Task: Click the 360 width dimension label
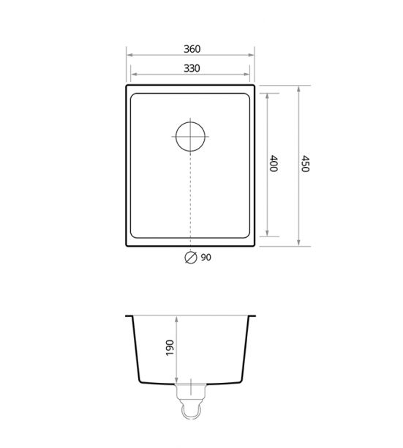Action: tap(192, 49)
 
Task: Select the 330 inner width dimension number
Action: tap(192, 69)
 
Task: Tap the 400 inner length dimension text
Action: tap(274, 163)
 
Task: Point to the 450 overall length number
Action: tap(305, 164)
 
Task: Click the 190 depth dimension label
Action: tap(170, 348)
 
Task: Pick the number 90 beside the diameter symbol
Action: tap(206, 258)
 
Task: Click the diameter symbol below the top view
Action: tap(191, 258)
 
